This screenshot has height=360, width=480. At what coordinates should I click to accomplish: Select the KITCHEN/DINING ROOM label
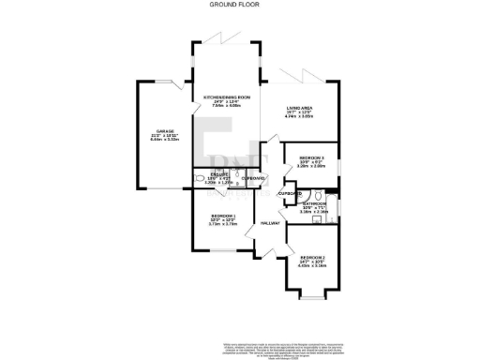pyautogui.click(x=226, y=97)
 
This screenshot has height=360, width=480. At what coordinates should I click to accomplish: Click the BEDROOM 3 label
pyautogui.click(x=311, y=157)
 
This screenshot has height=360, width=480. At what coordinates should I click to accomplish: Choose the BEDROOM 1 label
pyautogui.click(x=222, y=217)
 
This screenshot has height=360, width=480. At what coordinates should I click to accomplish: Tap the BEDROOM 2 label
pyautogui.click(x=313, y=256)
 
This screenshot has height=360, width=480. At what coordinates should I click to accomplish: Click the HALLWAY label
pyautogui.click(x=271, y=223)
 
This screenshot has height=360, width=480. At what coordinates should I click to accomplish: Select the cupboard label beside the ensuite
pyautogui.click(x=253, y=177)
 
